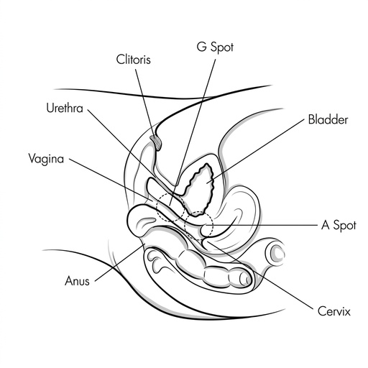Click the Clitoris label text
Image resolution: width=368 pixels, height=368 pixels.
coord(134,60)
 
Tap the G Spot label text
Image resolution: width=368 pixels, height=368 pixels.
coord(215,47)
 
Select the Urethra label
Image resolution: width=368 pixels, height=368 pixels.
coord(65,108)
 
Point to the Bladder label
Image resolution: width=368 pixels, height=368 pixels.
coord(328,119)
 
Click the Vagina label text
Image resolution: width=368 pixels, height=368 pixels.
coord(46,159)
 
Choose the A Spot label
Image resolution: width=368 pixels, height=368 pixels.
coord(339,225)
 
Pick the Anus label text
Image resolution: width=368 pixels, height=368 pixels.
coord(77,281)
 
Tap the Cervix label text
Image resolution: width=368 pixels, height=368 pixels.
coord(334,311)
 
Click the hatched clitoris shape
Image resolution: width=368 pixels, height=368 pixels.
coord(156,142)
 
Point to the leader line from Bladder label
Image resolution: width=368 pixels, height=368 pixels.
coord(255,151)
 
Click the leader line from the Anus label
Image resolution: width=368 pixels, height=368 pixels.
coord(120,262)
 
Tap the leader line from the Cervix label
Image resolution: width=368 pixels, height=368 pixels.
coord(260,275)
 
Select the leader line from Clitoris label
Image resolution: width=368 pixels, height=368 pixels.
coord(145,103)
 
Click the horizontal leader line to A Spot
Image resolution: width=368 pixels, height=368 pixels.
coord(261,225)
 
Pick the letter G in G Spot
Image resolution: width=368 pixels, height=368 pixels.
coord(201,47)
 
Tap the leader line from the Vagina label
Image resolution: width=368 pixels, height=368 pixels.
coord(111,179)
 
